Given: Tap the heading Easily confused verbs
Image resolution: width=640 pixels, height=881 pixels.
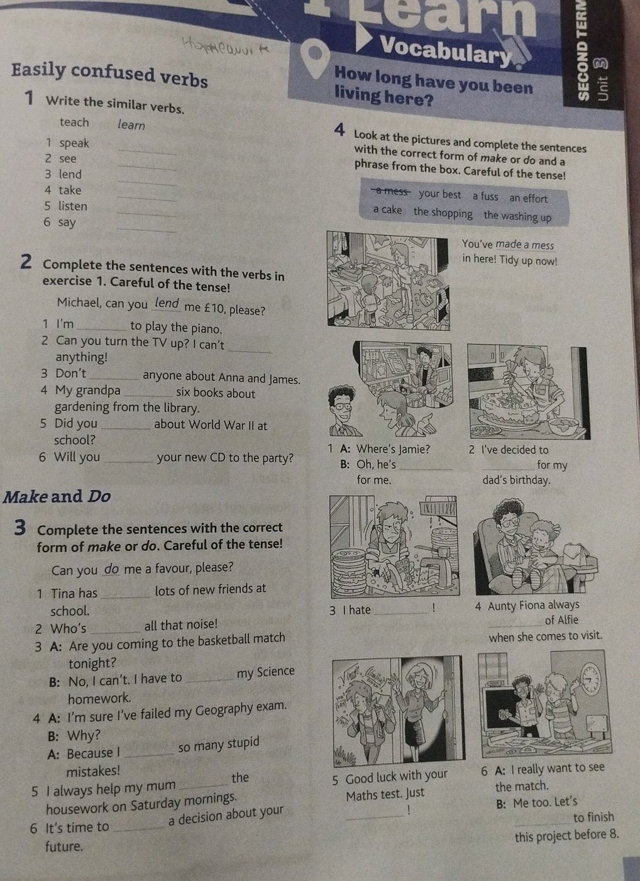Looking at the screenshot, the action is (x=109, y=75).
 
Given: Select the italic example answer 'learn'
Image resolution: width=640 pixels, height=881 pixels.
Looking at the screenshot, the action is (x=131, y=125).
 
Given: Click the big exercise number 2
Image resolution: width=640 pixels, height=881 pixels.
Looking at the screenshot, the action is (x=26, y=262).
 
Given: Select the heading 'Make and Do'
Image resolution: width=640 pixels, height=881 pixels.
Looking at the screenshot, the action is (x=57, y=496).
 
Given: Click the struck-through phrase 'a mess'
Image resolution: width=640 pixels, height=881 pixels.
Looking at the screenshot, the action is (x=391, y=192).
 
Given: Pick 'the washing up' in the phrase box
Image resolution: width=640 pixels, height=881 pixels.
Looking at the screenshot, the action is (x=517, y=216).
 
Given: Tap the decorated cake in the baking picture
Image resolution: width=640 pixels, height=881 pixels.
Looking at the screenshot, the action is (x=507, y=408).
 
